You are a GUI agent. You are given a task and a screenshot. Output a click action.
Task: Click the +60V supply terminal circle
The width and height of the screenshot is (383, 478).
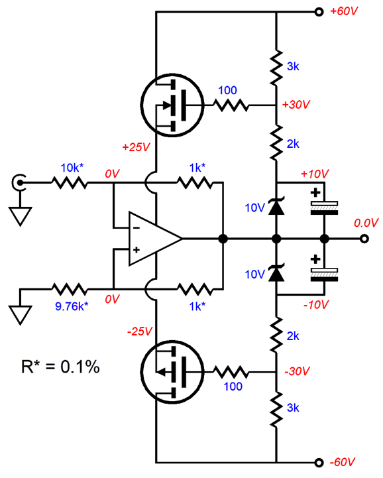tap(319, 12)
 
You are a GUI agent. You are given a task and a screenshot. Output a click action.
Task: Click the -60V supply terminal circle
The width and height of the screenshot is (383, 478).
tap(319, 463)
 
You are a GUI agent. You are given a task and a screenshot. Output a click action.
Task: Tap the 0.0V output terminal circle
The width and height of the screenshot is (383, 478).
tap(364, 239)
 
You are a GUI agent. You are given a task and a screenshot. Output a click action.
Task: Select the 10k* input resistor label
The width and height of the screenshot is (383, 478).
tap(72, 168)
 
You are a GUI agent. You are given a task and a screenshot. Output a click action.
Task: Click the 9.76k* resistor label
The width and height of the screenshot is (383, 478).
tap(72, 306)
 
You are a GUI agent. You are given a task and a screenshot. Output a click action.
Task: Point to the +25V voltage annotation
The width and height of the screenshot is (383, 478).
tap(136, 147)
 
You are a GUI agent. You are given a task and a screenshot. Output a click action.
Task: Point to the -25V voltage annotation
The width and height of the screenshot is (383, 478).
tap(139, 331)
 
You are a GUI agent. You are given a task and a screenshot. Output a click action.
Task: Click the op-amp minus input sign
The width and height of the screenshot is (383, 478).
tap(137, 227)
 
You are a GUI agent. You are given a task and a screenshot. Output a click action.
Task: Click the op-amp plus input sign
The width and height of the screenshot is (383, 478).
tap(137, 250)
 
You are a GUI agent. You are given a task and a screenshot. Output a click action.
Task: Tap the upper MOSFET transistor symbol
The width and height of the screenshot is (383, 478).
tap(172, 105)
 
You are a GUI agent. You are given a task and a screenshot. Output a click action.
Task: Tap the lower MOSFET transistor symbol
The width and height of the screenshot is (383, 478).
tap(172, 372)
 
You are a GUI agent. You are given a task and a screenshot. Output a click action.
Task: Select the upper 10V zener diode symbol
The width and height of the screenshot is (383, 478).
tap(276, 207)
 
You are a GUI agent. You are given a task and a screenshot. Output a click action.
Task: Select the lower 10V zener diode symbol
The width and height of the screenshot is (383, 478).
tap(276, 273)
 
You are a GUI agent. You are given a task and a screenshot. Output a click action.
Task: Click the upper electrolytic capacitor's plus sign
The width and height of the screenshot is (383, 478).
tap(315, 193)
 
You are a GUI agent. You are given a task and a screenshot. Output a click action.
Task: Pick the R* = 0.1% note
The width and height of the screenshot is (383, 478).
tap(60, 367)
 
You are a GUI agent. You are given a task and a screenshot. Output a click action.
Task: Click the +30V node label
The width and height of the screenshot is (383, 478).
tap(296, 105)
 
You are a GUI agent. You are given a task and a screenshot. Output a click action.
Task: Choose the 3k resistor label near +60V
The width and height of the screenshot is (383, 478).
tap(293, 66)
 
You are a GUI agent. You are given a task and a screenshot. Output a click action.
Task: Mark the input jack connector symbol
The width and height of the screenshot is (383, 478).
tap(19, 182)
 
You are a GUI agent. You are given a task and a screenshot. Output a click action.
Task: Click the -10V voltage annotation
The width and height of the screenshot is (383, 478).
tap(316, 304)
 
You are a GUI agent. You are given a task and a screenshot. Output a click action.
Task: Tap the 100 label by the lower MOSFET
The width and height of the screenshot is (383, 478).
tap(233, 387)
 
